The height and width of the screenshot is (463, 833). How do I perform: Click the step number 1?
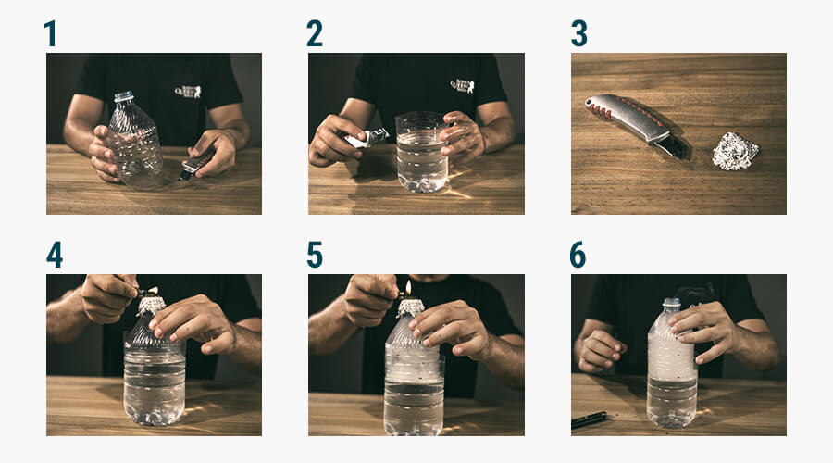tap(51, 33)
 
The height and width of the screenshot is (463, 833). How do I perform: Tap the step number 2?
tap(315, 33)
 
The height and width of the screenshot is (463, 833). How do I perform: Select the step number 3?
tap(578, 33)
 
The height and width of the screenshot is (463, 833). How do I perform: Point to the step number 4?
tap(55, 255)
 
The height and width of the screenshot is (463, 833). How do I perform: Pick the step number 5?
tap(315, 255)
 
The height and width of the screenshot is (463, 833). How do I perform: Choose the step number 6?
tap(578, 255)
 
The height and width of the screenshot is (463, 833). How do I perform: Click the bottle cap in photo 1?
tap(124, 96)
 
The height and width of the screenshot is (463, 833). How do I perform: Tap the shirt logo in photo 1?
tap(188, 92)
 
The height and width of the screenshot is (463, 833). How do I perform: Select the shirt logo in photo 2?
tap(462, 85)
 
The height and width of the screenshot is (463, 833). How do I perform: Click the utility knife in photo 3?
tap(636, 124)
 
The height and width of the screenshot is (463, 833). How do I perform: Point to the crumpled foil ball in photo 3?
tap(735, 152)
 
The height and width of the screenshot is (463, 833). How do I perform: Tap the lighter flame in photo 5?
tap(408, 288)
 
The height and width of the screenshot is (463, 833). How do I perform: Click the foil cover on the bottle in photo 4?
tap(152, 306)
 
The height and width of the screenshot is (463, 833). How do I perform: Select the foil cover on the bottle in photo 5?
tap(411, 307)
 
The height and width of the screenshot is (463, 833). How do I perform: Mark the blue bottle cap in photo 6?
tap(672, 303)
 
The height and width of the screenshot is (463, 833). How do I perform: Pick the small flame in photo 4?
tap(154, 290)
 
